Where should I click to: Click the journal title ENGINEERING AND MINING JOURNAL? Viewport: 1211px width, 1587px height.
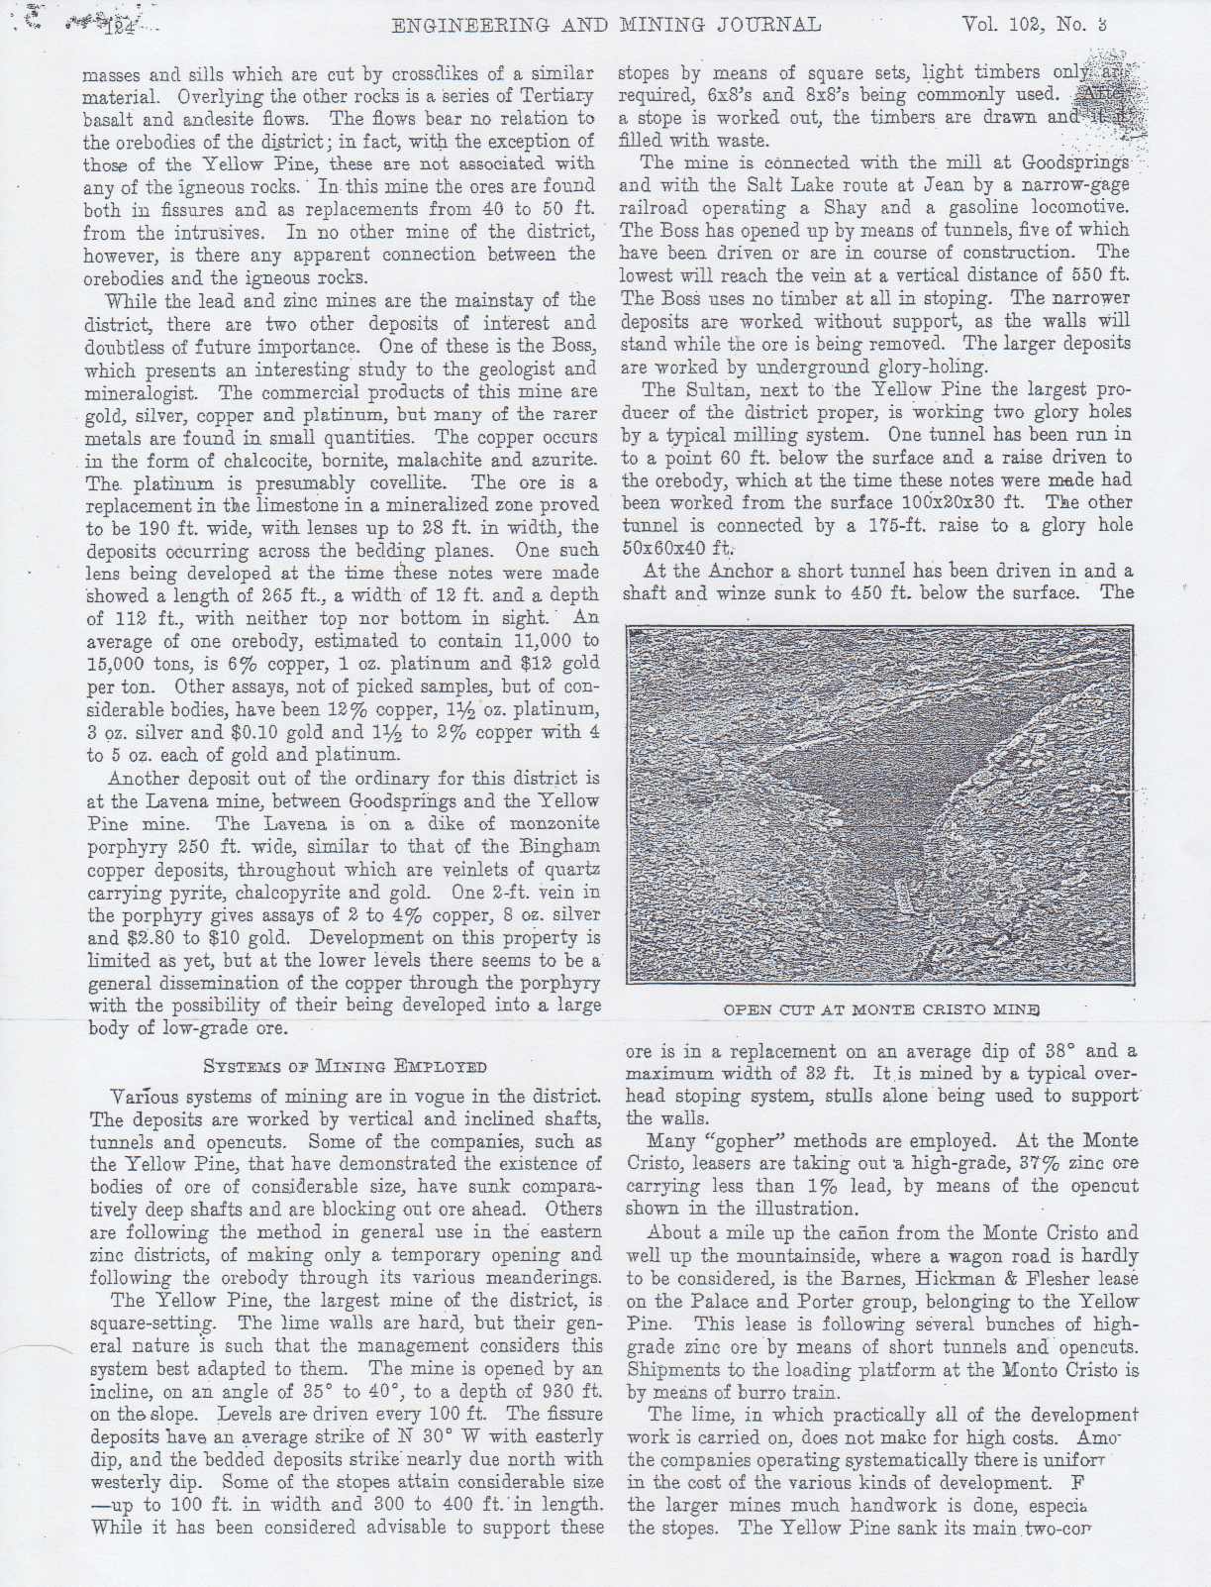tap(606, 25)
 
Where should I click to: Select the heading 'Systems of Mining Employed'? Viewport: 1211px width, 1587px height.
tap(345, 1067)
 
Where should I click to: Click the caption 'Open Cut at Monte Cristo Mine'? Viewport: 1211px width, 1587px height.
tap(880, 1010)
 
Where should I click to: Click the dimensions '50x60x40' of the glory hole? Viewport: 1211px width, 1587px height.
tap(672, 548)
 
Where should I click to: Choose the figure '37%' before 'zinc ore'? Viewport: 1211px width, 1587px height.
tap(986, 1163)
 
